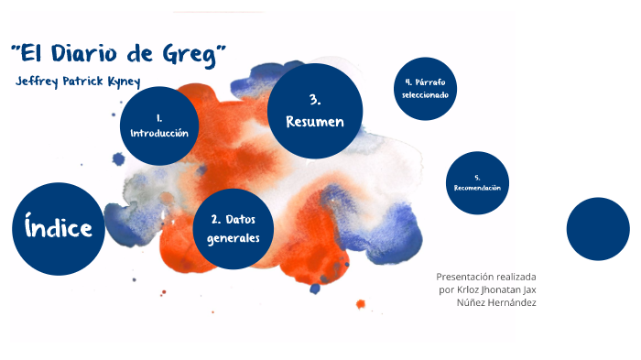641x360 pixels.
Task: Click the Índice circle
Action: click(x=59, y=228)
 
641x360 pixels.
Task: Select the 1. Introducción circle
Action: click(x=159, y=125)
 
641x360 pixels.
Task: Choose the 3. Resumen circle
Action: click(x=315, y=111)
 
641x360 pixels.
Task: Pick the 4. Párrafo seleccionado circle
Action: click(x=424, y=88)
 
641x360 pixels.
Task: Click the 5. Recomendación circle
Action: click(x=477, y=182)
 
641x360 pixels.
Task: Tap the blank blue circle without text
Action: click(x=598, y=229)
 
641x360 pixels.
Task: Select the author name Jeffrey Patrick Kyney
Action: click(x=78, y=81)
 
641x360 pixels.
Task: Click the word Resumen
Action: click(x=315, y=122)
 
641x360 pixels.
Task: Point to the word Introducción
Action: click(x=159, y=133)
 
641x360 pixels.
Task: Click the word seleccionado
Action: click(x=424, y=95)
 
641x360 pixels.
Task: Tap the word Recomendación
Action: click(x=477, y=188)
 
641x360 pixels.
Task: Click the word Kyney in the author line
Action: click(x=122, y=82)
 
